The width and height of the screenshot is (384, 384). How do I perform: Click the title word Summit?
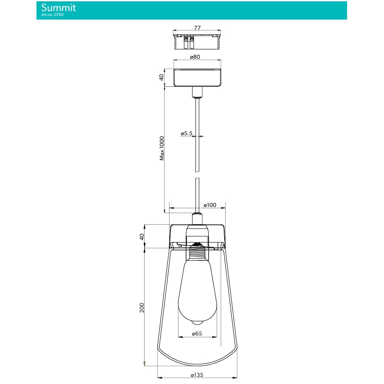click(58, 8)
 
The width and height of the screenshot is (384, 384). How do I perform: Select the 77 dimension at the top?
click(197, 28)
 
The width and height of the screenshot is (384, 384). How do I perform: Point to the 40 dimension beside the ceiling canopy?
click(162, 77)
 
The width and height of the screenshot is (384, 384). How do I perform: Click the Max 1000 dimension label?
click(162, 148)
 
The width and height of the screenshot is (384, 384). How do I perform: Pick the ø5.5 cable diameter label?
click(186, 133)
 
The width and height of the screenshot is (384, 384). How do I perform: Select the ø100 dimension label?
click(210, 205)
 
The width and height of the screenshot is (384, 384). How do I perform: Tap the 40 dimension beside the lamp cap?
click(142, 236)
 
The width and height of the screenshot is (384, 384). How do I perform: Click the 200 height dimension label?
click(142, 307)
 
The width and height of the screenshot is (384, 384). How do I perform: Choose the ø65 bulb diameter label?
click(197, 333)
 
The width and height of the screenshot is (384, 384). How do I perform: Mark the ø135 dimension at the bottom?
click(197, 375)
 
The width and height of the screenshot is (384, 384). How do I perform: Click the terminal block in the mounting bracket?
click(189, 42)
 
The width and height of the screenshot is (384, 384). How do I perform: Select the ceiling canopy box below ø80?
click(197, 78)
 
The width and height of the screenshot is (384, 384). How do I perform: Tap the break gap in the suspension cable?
click(197, 175)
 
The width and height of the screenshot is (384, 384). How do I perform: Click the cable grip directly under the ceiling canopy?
click(197, 93)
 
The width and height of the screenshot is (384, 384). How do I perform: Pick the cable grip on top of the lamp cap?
click(197, 218)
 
